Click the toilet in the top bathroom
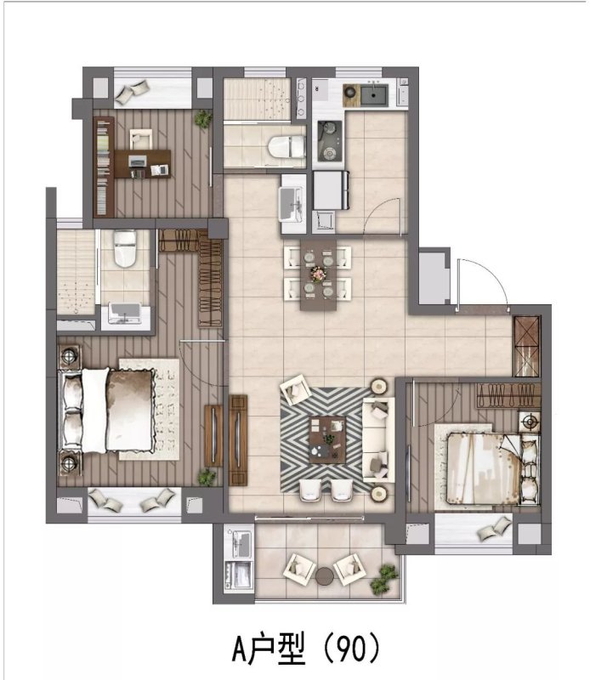click(286, 146)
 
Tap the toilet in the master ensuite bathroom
click(125, 248)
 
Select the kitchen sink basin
click(374, 95)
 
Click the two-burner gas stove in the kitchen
click(329, 140)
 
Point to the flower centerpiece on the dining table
click(318, 274)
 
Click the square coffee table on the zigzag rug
click(327, 439)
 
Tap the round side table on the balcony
click(325, 576)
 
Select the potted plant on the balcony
click(383, 578)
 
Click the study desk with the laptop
click(142, 163)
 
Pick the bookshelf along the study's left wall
click(104, 167)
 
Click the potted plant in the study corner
click(202, 118)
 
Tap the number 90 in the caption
click(351, 649)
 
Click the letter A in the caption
click(241, 649)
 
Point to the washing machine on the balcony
click(238, 575)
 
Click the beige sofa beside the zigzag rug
click(378, 439)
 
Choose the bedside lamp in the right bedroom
click(530, 421)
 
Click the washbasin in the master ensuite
click(125, 313)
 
